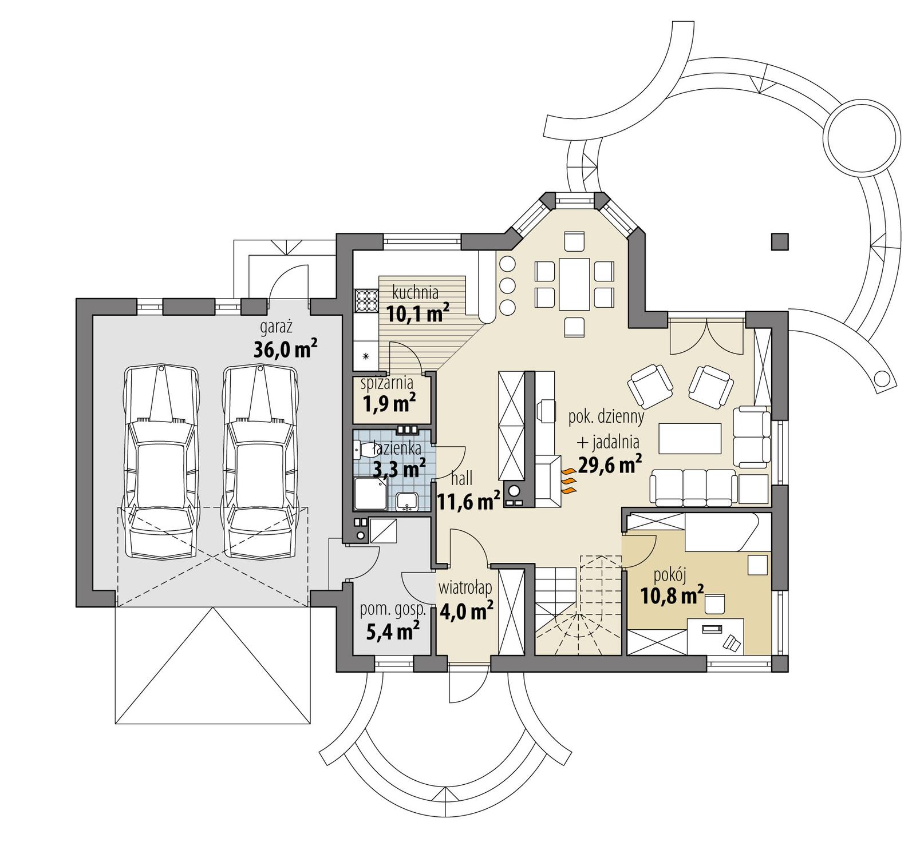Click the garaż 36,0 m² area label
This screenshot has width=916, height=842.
(285, 340)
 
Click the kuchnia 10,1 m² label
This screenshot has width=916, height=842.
(417, 304)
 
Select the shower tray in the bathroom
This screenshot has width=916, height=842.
(370, 494)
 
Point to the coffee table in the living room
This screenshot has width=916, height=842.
(689, 438)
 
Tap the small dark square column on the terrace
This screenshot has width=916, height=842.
(779, 242)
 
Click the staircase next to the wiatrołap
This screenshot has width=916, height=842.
(578, 609)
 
